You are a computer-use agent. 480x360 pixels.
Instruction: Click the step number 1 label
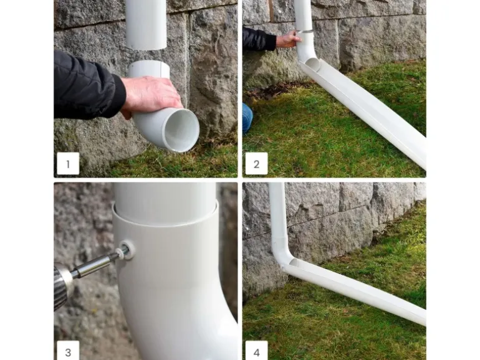tap(68, 164)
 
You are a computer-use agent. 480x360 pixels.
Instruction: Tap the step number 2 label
tap(257, 164)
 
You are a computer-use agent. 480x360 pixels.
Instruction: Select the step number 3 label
tap(68, 351)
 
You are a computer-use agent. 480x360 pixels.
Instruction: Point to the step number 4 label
tap(257, 351)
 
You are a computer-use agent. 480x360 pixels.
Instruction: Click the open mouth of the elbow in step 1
tap(181, 130)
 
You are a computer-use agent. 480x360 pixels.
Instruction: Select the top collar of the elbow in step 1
tap(149, 69)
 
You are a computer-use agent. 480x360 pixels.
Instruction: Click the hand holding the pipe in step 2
tap(289, 40)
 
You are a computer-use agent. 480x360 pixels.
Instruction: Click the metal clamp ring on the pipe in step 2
tap(304, 32)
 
